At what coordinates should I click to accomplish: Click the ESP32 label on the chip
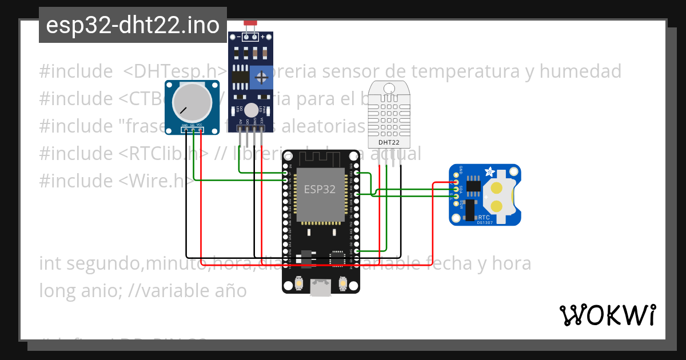(x=320, y=190)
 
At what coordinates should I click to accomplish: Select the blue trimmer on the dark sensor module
(x=261, y=77)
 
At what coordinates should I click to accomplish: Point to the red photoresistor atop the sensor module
(x=250, y=23)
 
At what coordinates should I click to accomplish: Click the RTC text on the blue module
(x=484, y=217)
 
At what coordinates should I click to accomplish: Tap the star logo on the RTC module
(x=489, y=171)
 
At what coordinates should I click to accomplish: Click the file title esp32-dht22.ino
(x=133, y=25)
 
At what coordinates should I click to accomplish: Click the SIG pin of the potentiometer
(x=193, y=130)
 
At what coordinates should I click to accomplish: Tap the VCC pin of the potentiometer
(x=201, y=130)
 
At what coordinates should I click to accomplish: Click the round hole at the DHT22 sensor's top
(x=389, y=88)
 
